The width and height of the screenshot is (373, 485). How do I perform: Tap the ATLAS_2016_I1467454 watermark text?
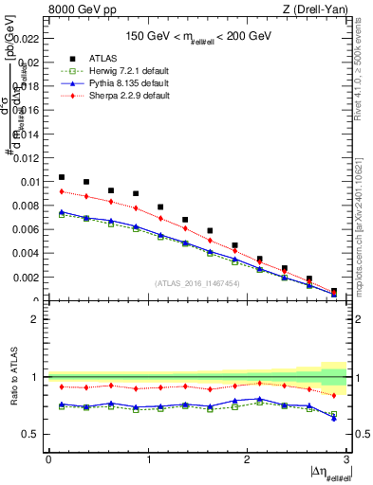(196, 282)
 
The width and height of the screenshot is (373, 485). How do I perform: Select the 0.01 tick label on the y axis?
(30, 182)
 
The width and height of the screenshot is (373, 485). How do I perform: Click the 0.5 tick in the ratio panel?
(33, 434)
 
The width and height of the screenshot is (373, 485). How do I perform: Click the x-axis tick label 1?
(147, 458)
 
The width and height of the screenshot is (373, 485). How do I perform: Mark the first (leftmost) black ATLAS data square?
(62, 177)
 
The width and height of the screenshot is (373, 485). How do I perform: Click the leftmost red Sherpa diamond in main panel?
(62, 191)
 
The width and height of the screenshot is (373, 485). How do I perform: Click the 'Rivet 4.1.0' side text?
(364, 71)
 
